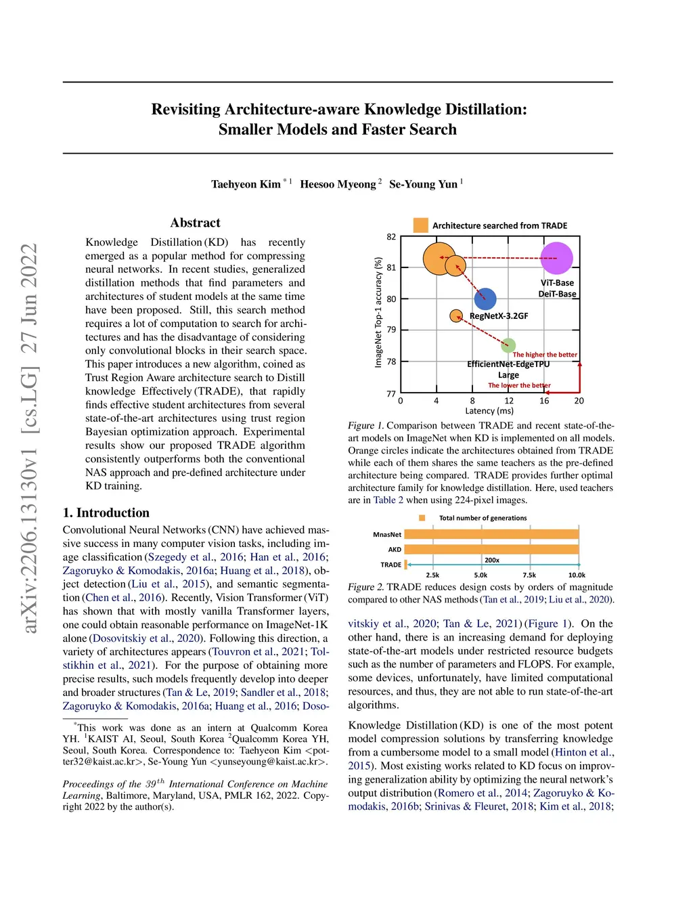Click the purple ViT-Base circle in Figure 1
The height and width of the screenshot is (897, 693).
coord(557,258)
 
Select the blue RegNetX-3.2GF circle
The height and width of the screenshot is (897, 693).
coord(485,299)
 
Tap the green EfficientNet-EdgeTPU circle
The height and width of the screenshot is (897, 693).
coord(508,345)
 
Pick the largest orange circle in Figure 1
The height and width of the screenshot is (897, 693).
coord(439,258)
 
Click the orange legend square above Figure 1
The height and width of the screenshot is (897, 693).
coord(421,225)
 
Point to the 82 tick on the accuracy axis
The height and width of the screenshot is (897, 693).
coord(391,237)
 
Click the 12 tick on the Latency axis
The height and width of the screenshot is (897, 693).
coord(509,401)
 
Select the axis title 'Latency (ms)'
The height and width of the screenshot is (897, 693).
coord(489,411)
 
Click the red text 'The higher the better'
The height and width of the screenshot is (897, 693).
coord(545,355)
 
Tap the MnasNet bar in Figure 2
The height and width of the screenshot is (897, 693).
coord(491,534)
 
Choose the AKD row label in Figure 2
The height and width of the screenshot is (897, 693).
coord(395,550)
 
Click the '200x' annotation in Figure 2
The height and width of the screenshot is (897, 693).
coord(492,560)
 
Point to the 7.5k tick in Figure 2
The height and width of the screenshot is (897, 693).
coord(529,575)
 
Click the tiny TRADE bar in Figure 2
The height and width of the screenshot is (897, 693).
coord(405,564)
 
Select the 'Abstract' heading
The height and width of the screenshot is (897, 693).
coord(195,223)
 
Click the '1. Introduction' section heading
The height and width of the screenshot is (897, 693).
coord(106,512)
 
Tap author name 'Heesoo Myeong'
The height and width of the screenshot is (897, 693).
coord(338,184)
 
